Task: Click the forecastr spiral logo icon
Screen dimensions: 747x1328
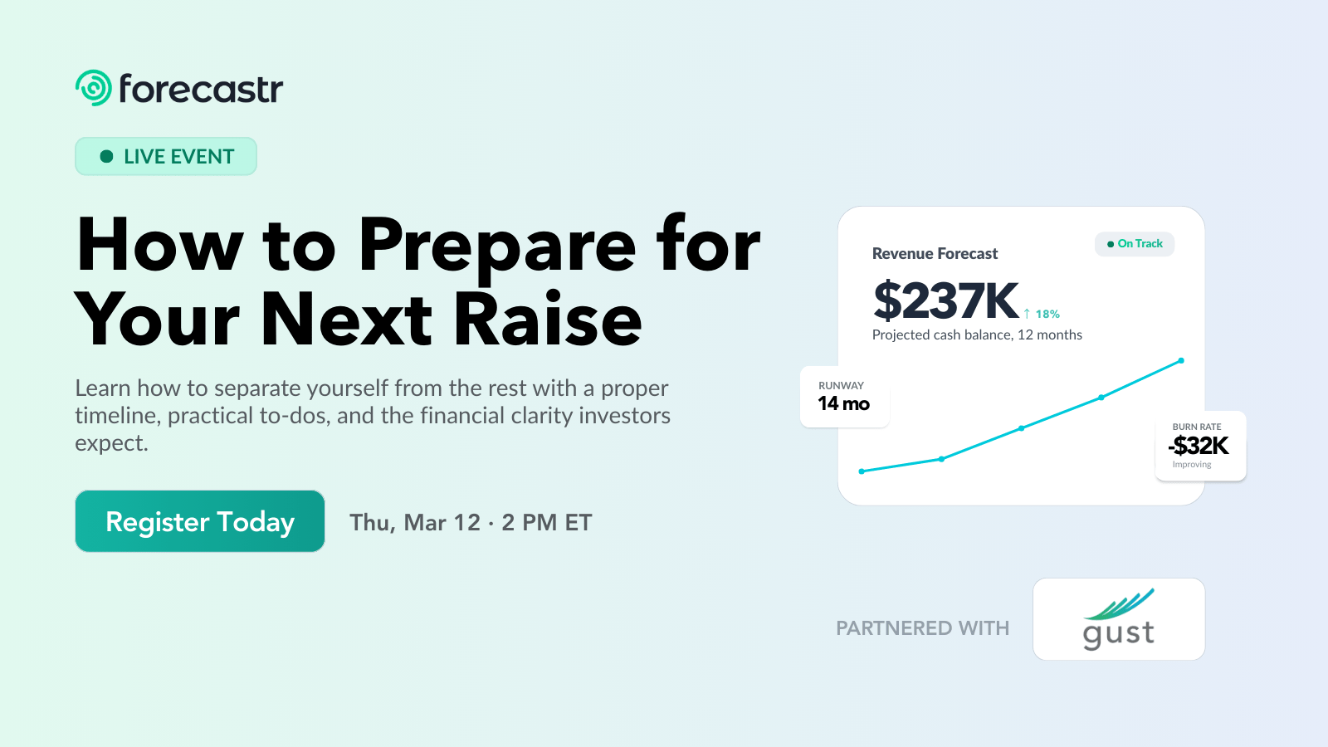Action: point(94,88)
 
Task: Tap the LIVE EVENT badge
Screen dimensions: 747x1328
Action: point(166,156)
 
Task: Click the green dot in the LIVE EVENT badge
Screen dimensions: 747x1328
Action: point(106,156)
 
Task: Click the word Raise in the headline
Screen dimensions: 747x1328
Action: point(549,320)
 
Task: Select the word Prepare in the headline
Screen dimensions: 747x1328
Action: point(497,245)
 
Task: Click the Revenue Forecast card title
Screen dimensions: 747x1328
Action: point(935,254)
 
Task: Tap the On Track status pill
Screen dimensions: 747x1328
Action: point(1135,244)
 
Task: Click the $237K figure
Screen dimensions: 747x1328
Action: point(945,300)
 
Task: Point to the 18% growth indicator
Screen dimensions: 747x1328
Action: point(1042,314)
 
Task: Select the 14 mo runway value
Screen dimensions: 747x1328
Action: point(843,404)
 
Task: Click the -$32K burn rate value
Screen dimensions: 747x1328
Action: point(1199,446)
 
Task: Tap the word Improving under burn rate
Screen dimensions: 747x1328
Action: point(1192,465)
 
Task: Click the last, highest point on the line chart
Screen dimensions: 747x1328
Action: point(1181,361)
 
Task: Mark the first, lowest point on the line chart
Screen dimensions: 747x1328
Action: point(862,471)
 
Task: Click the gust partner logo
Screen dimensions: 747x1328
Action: point(1119,619)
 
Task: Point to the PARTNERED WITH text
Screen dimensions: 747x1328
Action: point(922,628)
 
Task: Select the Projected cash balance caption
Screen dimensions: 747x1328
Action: point(977,334)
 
